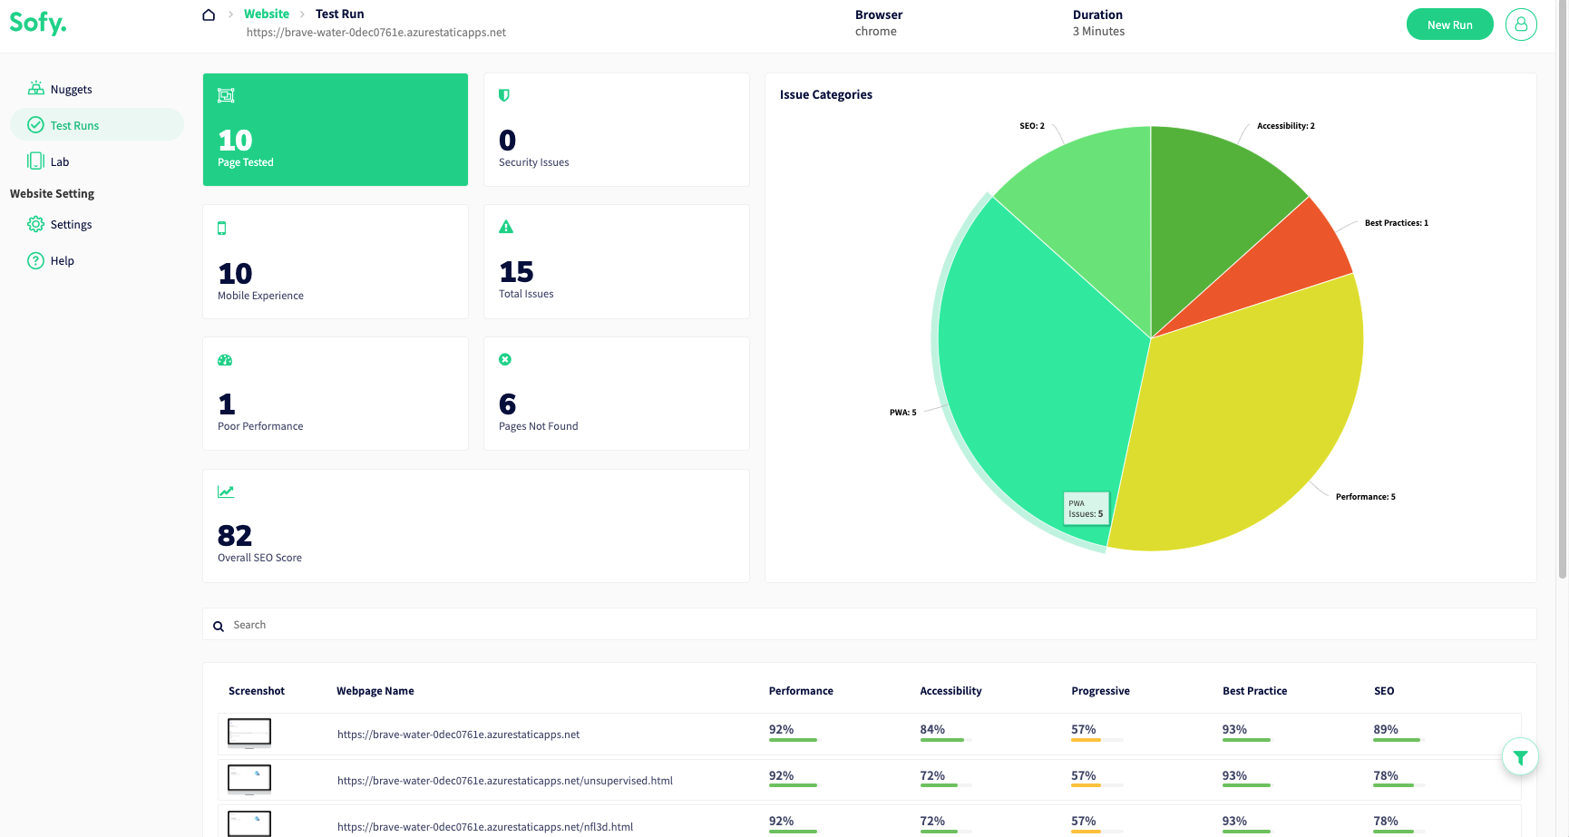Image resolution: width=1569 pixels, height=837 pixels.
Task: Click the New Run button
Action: pyautogui.click(x=1449, y=24)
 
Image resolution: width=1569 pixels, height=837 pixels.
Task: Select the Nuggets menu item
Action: pyautogui.click(x=71, y=89)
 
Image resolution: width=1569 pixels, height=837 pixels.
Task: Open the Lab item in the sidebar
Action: pyautogui.click(x=59, y=161)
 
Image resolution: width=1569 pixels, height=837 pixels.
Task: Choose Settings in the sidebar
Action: pyautogui.click(x=71, y=224)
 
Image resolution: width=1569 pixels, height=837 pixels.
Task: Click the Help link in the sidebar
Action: pyautogui.click(x=62, y=260)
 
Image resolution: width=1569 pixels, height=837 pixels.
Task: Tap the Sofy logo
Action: pyautogui.click(x=38, y=23)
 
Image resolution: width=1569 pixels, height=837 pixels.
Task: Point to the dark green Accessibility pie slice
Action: pyautogui.click(x=1215, y=200)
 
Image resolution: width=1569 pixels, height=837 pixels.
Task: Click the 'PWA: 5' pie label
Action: pyautogui.click(x=902, y=413)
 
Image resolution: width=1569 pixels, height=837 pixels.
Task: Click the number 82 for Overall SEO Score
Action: pyautogui.click(x=235, y=535)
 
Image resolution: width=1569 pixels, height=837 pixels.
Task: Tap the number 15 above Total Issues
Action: pyautogui.click(x=516, y=271)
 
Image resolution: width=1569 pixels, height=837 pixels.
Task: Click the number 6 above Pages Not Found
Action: pyautogui.click(x=507, y=404)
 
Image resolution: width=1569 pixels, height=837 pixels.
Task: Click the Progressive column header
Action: pyautogui.click(x=1100, y=691)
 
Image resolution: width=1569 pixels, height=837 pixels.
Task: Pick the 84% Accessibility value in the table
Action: pyautogui.click(x=932, y=729)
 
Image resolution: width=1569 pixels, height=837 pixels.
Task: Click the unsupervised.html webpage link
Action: pyautogui.click(x=504, y=781)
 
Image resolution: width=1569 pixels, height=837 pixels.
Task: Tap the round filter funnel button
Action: pyautogui.click(x=1520, y=757)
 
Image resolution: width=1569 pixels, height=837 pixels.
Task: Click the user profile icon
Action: pyautogui.click(x=1521, y=24)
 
